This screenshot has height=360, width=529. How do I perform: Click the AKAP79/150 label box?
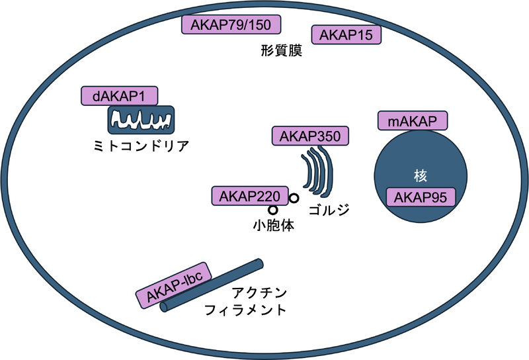click(230, 25)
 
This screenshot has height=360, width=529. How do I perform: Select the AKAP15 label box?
click(346, 35)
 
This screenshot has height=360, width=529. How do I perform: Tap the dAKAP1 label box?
click(119, 96)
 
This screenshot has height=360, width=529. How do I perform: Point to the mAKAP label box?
click(413, 122)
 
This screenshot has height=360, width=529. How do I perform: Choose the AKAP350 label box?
click(310, 137)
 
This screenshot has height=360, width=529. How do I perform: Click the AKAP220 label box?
click(249, 196)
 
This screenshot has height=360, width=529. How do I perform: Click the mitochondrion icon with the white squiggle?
click(142, 121)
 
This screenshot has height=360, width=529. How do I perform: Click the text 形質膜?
click(282, 51)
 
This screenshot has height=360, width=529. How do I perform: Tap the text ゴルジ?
click(329, 210)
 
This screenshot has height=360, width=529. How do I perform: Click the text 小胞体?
click(273, 225)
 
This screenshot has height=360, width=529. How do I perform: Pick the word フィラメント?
click(245, 310)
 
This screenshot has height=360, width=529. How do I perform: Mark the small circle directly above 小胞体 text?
click(272, 209)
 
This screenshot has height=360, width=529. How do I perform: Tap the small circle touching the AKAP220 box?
click(293, 198)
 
